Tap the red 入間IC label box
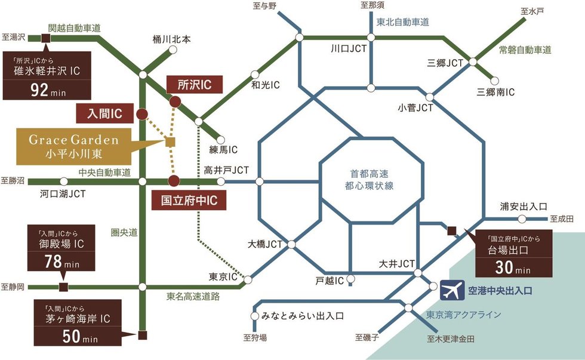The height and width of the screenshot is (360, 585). pyautogui.click(x=105, y=113)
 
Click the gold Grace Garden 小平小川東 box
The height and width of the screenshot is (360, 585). pyautogui.click(x=75, y=146)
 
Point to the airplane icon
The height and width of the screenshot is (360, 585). pyautogui.click(x=452, y=291)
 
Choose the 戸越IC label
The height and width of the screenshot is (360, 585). pyautogui.click(x=330, y=279)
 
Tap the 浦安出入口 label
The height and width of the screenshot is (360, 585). pyautogui.click(x=524, y=207)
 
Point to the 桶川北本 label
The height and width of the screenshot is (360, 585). pyautogui.click(x=171, y=40)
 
